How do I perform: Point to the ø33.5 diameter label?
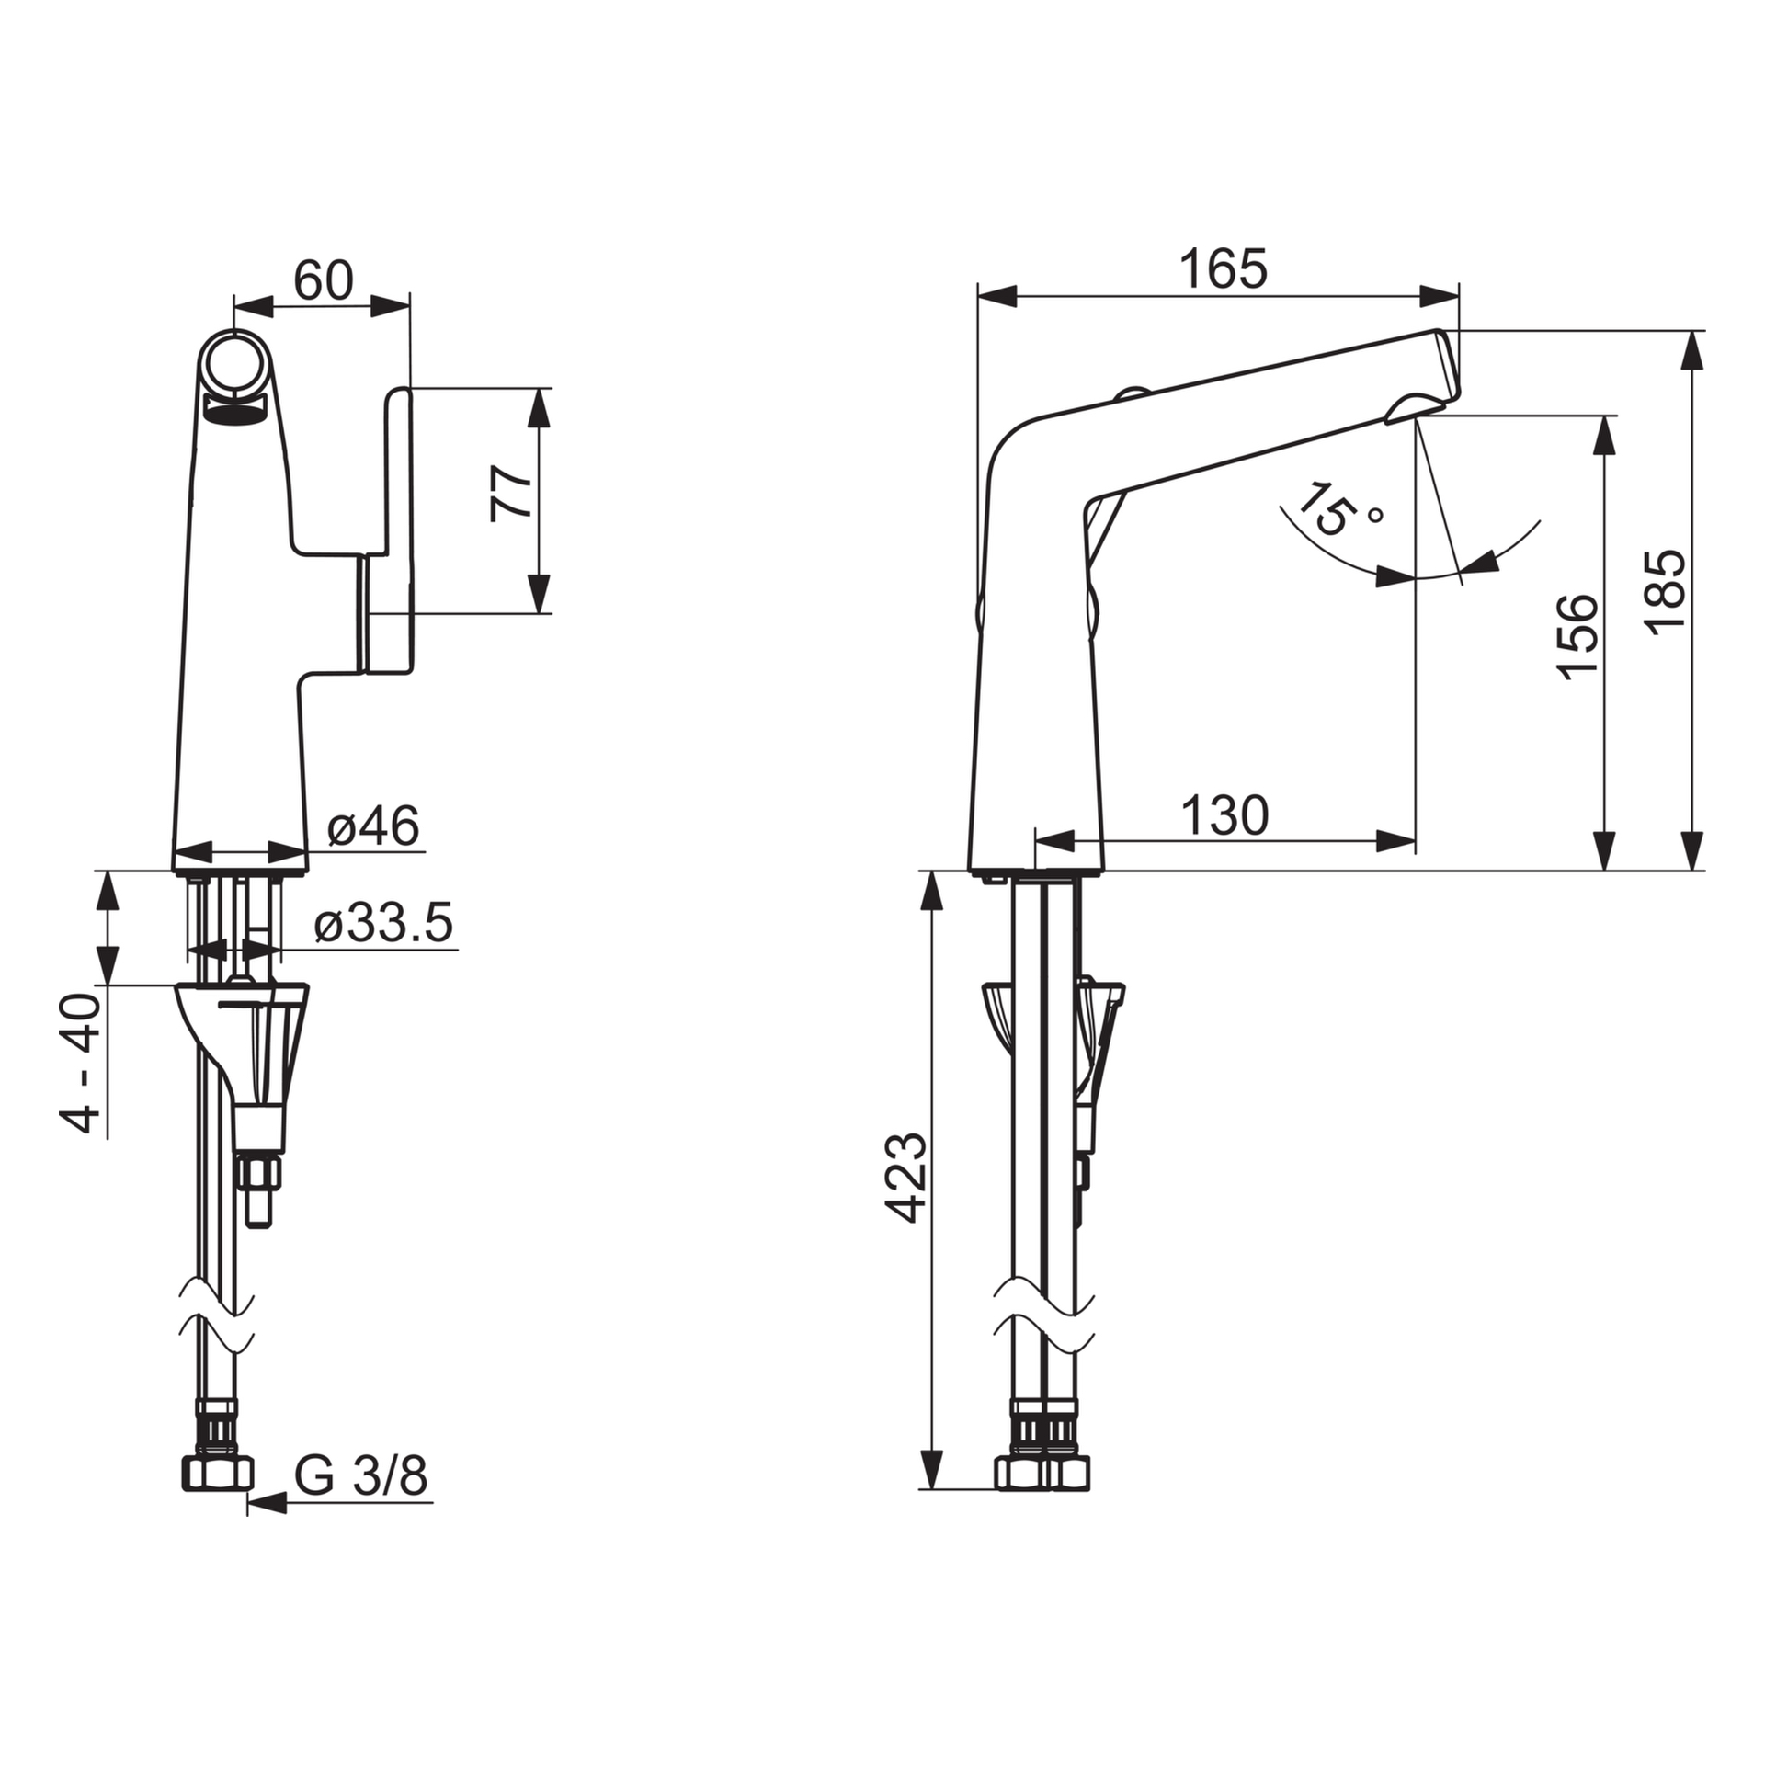tap(383, 923)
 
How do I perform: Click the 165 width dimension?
tap(1223, 269)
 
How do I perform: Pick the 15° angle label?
tap(1337, 508)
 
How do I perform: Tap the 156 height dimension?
tap(1577, 637)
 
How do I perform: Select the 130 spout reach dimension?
tap(1224, 815)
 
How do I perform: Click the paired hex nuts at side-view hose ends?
tap(1043, 1474)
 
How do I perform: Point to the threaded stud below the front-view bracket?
tap(261, 1190)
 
